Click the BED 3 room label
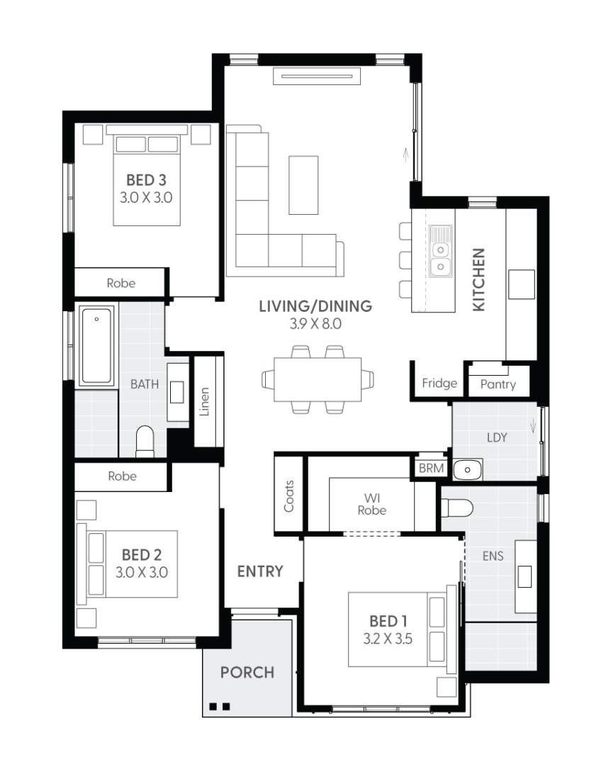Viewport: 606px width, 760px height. pyautogui.click(x=146, y=179)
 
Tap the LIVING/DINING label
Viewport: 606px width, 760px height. pyautogui.click(x=315, y=306)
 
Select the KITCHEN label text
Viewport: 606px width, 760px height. pyautogui.click(x=479, y=279)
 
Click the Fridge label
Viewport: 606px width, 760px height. pyautogui.click(x=439, y=384)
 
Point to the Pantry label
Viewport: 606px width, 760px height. pyautogui.click(x=498, y=384)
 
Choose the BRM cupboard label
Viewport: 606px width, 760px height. pyautogui.click(x=431, y=468)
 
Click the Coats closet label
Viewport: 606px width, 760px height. pyautogui.click(x=289, y=496)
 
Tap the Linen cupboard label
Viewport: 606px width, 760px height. pyautogui.click(x=205, y=401)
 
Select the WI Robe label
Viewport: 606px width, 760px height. pyautogui.click(x=371, y=503)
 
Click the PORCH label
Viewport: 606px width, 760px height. pyautogui.click(x=247, y=671)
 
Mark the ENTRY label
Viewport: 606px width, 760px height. pyautogui.click(x=260, y=571)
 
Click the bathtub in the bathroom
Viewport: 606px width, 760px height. pyautogui.click(x=97, y=345)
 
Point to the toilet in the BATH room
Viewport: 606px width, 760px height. pyautogui.click(x=145, y=441)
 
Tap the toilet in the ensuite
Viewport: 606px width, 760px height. pyautogui.click(x=456, y=508)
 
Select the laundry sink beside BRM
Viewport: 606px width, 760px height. pyautogui.click(x=467, y=469)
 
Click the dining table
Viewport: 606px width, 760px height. pyautogui.click(x=317, y=379)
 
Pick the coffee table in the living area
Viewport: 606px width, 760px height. pyautogui.click(x=303, y=184)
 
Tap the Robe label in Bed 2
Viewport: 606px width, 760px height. pyautogui.click(x=122, y=476)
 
